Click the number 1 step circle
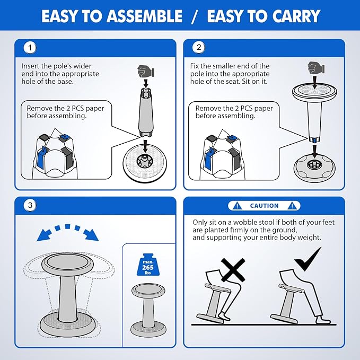(30, 48)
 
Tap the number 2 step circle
(199, 47)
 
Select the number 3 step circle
(30, 205)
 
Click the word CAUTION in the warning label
(264, 206)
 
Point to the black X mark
(233, 270)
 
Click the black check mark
(308, 259)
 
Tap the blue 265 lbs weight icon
(148, 265)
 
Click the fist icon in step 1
(146, 71)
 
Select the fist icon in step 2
(316, 67)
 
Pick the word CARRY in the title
(296, 16)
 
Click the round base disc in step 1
(145, 162)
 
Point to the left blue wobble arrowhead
(44, 235)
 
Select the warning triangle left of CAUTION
(237, 206)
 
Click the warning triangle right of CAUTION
(292, 206)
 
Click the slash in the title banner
(194, 16)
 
